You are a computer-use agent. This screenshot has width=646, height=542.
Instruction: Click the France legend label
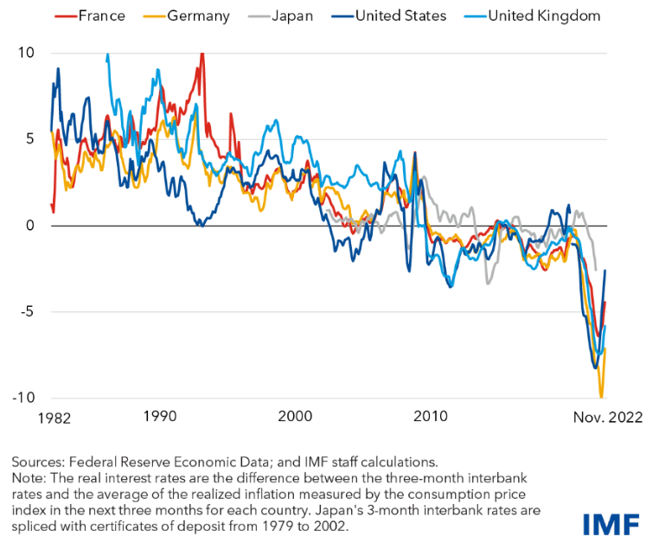103,16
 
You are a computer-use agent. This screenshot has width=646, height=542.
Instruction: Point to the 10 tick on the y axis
26,53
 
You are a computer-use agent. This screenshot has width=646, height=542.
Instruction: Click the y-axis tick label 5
29,138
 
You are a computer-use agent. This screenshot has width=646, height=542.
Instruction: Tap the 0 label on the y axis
29,226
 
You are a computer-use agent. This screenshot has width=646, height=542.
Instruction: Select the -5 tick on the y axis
26,311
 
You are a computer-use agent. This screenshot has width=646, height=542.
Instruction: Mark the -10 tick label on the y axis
23,398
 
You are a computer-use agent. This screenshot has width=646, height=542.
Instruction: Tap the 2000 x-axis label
296,416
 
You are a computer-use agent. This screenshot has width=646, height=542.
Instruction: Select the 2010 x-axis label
432,416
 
